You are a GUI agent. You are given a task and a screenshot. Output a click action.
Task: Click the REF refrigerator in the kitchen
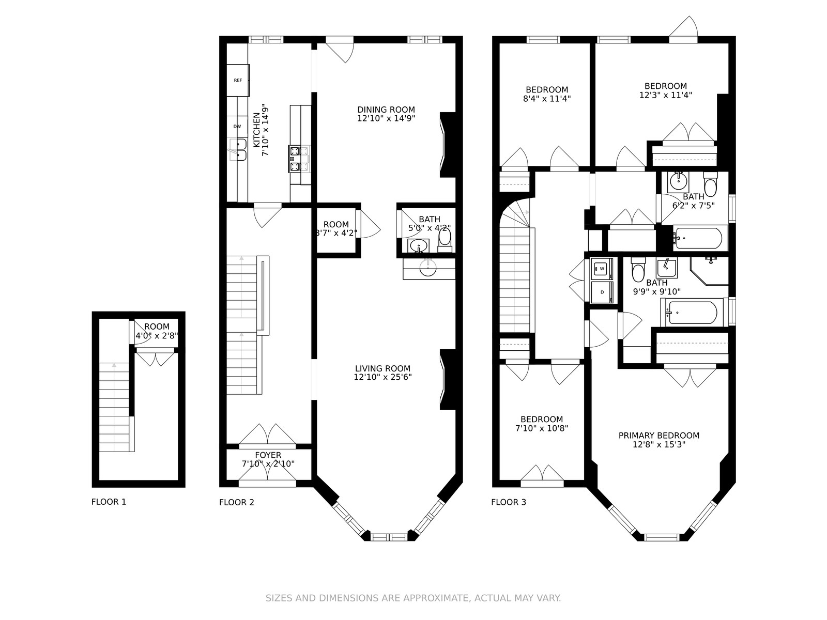pos(238,80)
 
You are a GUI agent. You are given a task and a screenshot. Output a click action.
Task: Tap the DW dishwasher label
pos(237,127)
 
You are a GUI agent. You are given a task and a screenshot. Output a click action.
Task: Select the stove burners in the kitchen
pos(299,159)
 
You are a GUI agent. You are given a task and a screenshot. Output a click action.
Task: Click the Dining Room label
pos(386,110)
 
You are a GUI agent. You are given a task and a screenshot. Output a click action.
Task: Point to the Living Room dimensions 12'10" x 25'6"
pos(383,377)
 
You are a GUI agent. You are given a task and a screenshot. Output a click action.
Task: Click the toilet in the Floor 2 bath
pos(445,240)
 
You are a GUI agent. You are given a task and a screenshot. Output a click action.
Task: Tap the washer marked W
pos(602,269)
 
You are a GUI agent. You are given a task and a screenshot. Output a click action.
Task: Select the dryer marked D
pos(602,292)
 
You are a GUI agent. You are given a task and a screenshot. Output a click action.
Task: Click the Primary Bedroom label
pos(659,436)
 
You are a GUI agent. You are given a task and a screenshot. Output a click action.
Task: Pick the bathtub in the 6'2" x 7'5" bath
pos(700,238)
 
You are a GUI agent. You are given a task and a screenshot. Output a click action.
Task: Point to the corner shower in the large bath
pos(709,271)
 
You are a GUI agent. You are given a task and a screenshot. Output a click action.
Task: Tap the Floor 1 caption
pos(109,502)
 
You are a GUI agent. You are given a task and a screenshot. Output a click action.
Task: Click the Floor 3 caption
pos(509,502)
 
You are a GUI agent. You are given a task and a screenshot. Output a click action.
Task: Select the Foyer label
pos(268,455)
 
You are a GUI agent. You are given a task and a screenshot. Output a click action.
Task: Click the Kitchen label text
pos(256,130)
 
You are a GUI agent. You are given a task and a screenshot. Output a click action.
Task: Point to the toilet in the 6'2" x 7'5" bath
pos(711,184)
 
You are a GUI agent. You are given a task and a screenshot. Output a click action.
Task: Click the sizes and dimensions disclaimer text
pos(413,598)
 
